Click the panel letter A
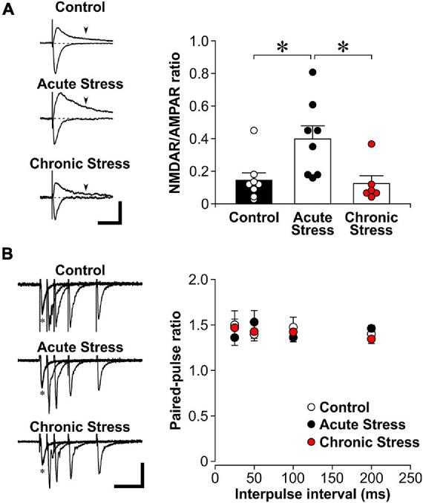click(10, 11)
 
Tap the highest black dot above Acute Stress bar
click(313, 72)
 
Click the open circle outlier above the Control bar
click(254, 131)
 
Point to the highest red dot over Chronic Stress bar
click(371, 144)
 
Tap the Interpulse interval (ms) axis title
click(311, 493)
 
